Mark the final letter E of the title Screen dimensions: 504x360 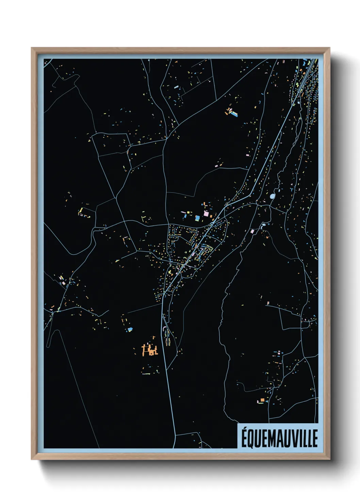pos(315,438)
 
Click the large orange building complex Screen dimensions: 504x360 pos(150,350)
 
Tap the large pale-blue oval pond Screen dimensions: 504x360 pos(273,196)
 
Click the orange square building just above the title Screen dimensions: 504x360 pos(262,400)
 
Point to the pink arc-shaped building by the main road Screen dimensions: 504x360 pos(165,328)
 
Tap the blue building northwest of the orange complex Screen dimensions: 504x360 pos(129,329)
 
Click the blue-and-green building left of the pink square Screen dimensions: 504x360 pos(197,218)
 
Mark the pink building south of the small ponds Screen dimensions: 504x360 pos(252,231)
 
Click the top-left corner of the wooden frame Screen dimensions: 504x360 pos(32,48)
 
